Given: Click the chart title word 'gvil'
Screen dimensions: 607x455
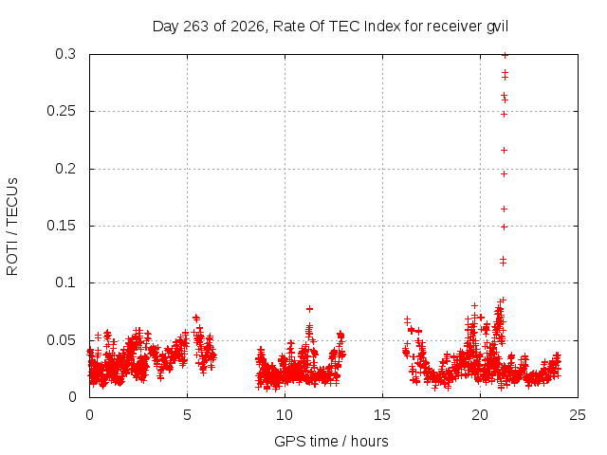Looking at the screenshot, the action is (x=497, y=27).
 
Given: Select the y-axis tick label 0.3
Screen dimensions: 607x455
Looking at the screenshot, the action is (x=65, y=54).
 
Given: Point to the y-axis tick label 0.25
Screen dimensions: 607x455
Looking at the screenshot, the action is (x=61, y=111).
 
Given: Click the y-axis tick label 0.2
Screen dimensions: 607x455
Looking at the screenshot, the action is (x=65, y=169).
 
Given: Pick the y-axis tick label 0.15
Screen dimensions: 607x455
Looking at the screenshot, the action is (x=61, y=226).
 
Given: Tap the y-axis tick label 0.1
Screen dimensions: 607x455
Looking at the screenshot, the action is (x=65, y=282).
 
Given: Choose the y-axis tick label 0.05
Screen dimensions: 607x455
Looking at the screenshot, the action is (x=61, y=340).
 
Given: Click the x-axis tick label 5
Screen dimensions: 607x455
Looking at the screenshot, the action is (x=187, y=415).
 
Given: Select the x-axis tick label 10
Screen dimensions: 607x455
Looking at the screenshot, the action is (x=285, y=415).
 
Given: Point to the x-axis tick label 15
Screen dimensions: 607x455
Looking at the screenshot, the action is (x=382, y=415).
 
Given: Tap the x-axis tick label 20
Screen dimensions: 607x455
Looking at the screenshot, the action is (x=480, y=415).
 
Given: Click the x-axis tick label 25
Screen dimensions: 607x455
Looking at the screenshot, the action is (x=578, y=415).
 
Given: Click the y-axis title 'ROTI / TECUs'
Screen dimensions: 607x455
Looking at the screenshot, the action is (x=12, y=227).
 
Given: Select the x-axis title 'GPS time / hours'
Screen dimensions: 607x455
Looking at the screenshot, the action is (x=331, y=442).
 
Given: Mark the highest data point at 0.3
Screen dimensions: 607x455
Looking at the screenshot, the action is (x=505, y=55).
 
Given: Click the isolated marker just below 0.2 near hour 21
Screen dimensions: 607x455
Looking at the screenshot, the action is (x=504, y=174).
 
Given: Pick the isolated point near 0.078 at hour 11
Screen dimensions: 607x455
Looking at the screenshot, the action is (x=309, y=309).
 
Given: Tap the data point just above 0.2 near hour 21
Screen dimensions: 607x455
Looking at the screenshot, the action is (x=504, y=150).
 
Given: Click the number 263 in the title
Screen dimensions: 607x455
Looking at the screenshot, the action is (x=195, y=27).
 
